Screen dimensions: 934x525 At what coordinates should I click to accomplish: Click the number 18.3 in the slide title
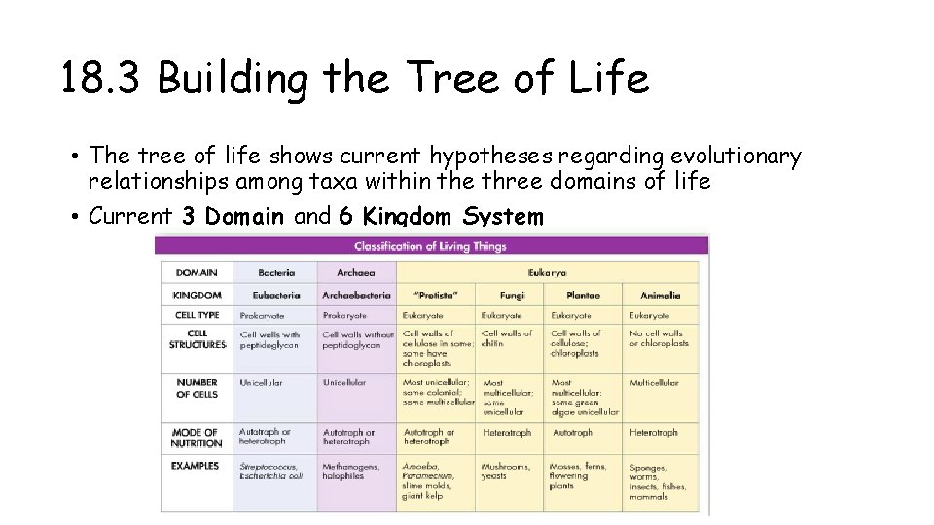[103, 79]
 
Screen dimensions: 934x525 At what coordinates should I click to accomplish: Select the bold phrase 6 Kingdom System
[441, 216]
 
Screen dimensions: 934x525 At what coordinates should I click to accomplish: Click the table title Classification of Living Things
[430, 247]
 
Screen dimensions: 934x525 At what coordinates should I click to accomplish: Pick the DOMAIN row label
[197, 273]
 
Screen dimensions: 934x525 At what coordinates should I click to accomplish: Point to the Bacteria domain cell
[276, 273]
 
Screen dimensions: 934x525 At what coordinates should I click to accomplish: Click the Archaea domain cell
[355, 273]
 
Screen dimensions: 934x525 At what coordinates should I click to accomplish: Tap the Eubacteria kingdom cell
[276, 296]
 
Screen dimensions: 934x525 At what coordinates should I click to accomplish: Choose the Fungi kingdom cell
[512, 296]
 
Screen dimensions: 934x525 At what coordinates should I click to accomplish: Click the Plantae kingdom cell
[583, 296]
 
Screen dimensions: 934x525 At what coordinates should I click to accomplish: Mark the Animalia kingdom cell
[661, 296]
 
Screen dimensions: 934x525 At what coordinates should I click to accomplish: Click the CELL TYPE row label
[198, 315]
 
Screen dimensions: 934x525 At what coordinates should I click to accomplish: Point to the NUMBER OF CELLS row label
[197, 388]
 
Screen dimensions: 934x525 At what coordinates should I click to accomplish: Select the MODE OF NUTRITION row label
[197, 437]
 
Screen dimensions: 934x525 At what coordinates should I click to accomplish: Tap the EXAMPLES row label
[196, 466]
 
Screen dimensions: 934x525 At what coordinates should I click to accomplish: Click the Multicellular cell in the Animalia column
[655, 383]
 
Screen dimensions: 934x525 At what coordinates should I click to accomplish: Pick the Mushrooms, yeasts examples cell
[506, 472]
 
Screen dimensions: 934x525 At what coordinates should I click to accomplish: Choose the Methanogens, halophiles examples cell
[352, 472]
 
